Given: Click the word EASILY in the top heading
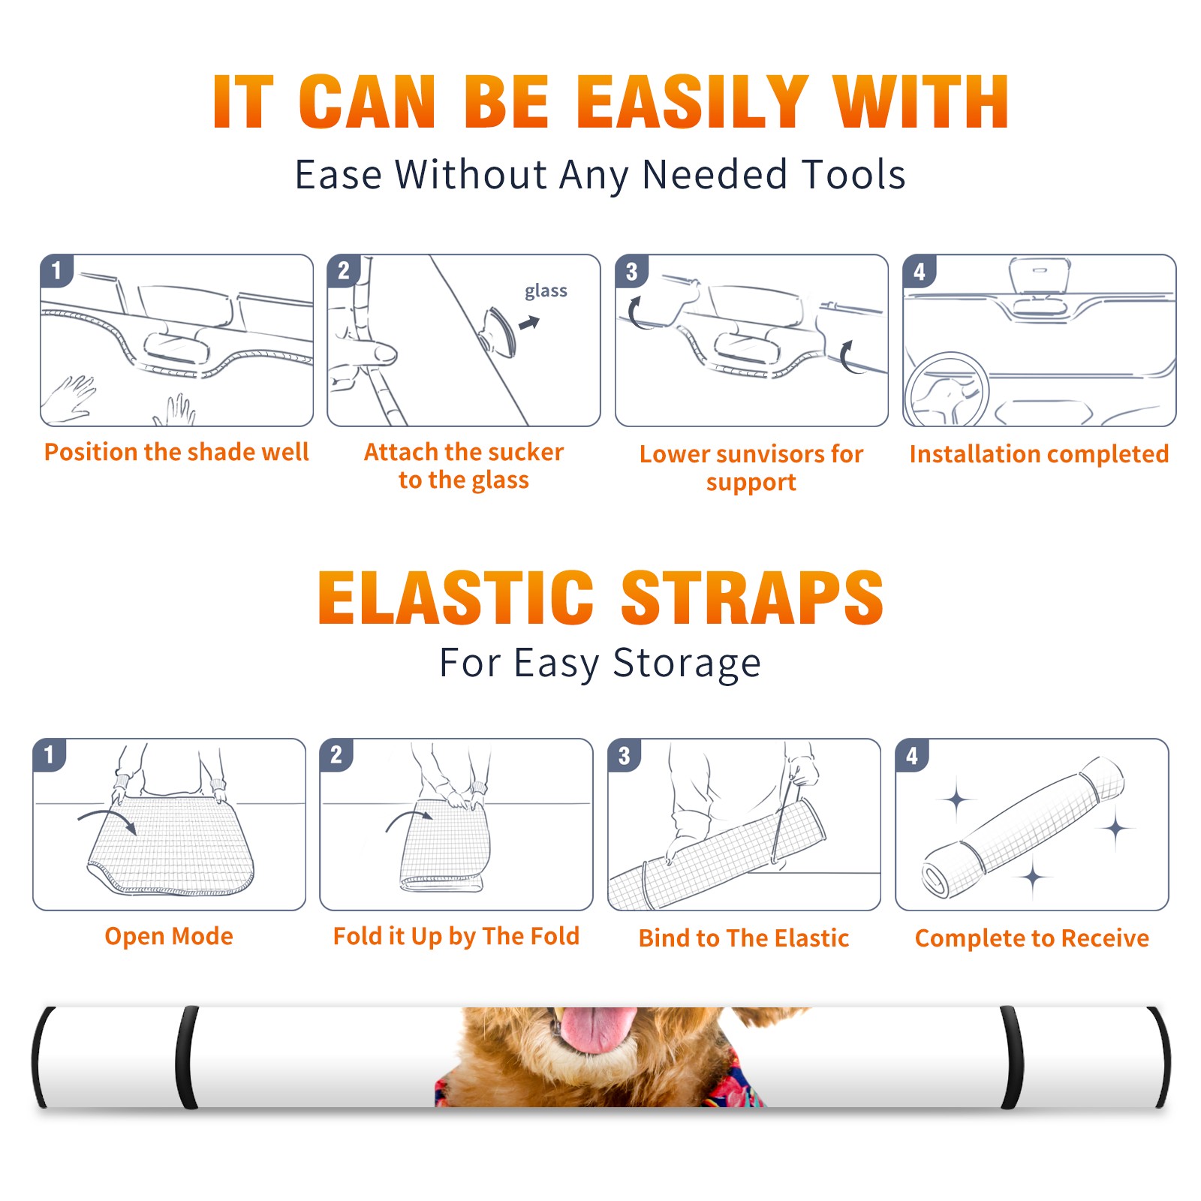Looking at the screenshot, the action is [692, 102].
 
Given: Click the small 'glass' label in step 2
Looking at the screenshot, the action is [546, 291].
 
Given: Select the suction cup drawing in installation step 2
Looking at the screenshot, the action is [498, 330].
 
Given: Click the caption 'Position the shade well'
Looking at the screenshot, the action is [176, 452].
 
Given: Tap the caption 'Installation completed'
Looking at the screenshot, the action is [1039, 454].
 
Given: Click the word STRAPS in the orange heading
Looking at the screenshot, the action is [751, 597].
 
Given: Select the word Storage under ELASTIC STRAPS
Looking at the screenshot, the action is [687, 664].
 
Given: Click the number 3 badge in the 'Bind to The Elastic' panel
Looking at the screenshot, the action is [625, 755].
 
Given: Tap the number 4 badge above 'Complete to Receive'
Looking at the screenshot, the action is [912, 755].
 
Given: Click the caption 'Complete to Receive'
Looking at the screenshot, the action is [1032, 938].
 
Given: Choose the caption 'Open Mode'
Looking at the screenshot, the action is [169, 936].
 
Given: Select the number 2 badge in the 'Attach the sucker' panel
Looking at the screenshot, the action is [344, 270].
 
